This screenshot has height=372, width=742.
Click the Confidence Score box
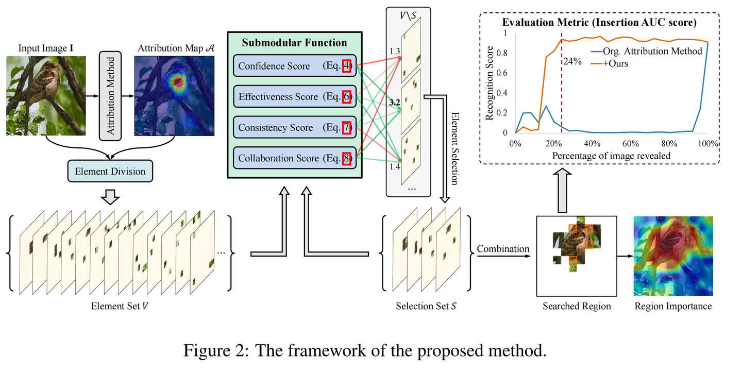click(x=294, y=66)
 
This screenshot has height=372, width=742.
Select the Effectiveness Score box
click(x=294, y=97)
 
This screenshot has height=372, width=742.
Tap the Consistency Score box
click(x=294, y=127)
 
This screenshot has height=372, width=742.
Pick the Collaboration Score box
click(x=294, y=158)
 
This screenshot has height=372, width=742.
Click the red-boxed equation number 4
click(x=346, y=66)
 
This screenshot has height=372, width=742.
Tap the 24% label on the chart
click(x=573, y=61)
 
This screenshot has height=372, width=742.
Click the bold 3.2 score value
click(x=395, y=103)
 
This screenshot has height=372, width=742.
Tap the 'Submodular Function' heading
click(x=295, y=42)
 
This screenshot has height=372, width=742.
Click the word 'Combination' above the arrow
click(x=502, y=249)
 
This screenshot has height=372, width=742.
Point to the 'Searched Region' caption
click(x=576, y=307)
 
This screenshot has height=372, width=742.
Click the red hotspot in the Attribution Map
click(x=177, y=81)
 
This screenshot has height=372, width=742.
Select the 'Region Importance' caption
click(x=672, y=307)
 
